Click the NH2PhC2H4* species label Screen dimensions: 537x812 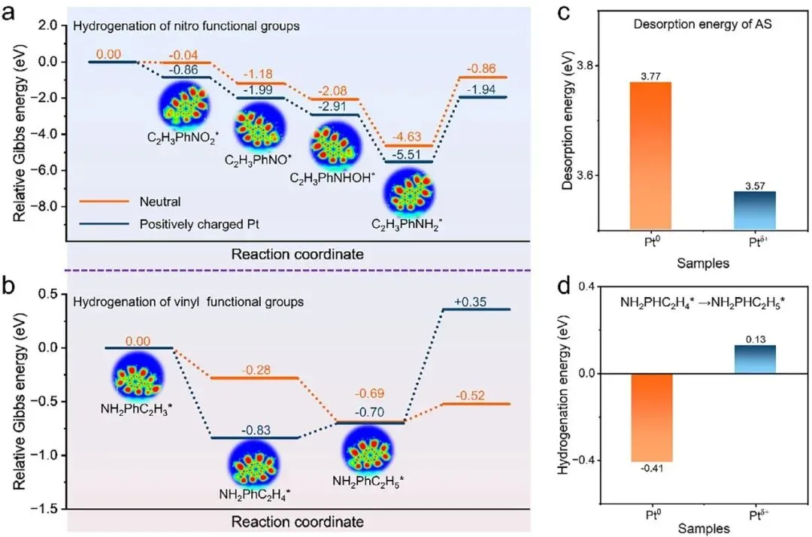pos(255,494)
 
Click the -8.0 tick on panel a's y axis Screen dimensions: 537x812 pos(47,206)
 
